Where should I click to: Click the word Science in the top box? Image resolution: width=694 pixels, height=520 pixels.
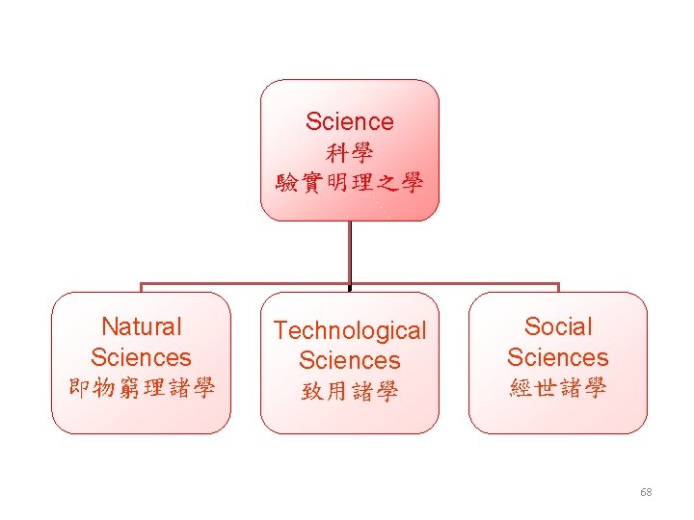point(349,121)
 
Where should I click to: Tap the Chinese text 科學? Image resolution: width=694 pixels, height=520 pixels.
point(349,152)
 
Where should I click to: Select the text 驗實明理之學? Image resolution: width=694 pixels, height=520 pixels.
point(349,182)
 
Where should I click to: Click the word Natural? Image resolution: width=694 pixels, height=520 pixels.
point(141,327)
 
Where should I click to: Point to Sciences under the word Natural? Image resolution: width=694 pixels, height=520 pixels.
point(141,357)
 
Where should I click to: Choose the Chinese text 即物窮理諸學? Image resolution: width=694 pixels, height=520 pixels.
point(141,388)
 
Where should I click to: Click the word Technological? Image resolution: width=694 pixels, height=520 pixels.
point(349,330)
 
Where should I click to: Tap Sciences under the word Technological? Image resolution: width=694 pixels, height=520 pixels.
point(349,360)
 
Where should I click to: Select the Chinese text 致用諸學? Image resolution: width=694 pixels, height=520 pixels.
point(349,391)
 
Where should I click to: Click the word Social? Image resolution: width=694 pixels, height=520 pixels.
point(557,327)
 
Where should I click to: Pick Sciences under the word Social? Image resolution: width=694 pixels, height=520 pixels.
point(557,357)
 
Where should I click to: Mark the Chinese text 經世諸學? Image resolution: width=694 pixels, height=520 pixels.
point(557,388)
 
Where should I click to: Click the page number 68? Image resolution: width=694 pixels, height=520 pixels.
point(646,492)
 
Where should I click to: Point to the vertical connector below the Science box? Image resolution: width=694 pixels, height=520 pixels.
point(349,252)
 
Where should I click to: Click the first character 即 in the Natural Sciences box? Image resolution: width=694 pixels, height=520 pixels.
point(79,388)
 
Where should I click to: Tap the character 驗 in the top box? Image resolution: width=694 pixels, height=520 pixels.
point(287,182)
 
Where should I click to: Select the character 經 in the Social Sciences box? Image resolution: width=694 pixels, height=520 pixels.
point(520,388)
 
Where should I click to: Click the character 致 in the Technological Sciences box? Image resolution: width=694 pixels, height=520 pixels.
point(312,391)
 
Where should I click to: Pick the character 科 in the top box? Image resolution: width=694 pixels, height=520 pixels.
point(337,152)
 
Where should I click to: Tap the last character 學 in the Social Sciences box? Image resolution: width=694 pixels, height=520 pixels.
point(595,388)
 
